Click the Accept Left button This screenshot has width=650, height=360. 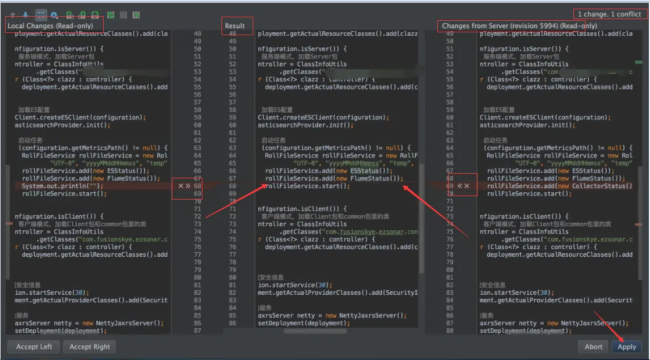34,347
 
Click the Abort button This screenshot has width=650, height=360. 593,347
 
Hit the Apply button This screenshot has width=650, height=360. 626,347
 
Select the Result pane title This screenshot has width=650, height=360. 235,26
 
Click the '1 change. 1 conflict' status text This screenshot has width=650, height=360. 609,14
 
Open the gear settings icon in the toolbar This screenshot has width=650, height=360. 54,15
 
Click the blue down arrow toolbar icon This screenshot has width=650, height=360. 25,15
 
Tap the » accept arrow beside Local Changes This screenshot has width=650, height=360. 188,186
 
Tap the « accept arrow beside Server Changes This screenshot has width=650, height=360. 460,186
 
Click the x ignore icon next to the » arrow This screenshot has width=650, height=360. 181,186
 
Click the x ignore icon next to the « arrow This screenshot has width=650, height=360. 467,186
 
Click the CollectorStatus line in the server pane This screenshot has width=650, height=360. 559,186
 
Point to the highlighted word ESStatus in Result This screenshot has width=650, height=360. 364,171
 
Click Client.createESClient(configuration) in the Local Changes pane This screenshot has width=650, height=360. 80,118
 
